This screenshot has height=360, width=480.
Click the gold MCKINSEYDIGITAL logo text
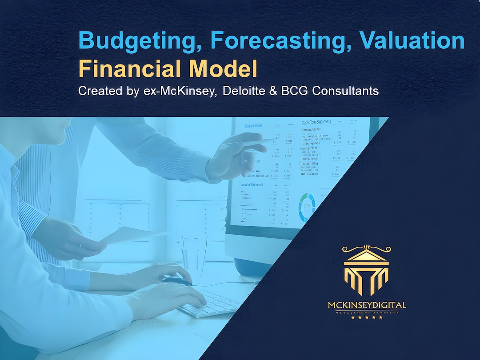pos(367,305)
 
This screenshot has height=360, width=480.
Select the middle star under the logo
pos(367,317)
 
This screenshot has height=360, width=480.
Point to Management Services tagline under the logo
pos(367,312)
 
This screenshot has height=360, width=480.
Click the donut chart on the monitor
pos(307,207)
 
